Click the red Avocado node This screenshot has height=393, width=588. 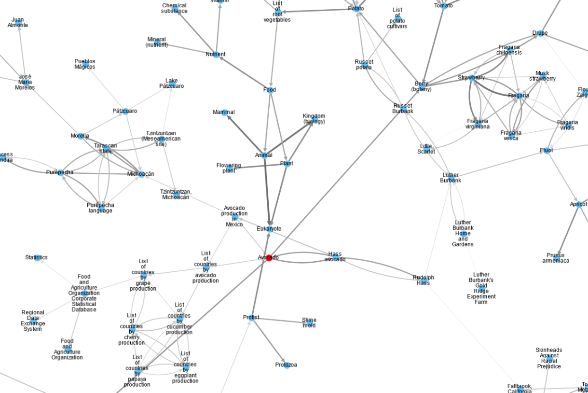pyautogui.click(x=269, y=258)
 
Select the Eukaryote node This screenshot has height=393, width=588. pyautogui.click(x=269, y=229)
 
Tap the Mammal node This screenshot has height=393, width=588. pyautogui.click(x=224, y=112)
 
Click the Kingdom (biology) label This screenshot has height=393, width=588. pyautogui.click(x=314, y=119)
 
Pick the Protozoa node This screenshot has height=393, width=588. pyautogui.click(x=287, y=365)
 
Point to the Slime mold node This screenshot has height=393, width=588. pyautogui.click(x=309, y=323)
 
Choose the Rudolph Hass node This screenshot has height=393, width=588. pyautogui.click(x=424, y=280)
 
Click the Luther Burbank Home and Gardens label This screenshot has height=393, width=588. pyautogui.click(x=463, y=234)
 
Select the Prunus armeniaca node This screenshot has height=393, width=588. pyautogui.click(x=555, y=258)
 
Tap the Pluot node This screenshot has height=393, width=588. pyautogui.click(x=547, y=151)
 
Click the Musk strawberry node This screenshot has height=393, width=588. pyautogui.click(x=542, y=76)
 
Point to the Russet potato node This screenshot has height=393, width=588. pyautogui.click(x=364, y=65)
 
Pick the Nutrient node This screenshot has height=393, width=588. pyautogui.click(x=216, y=55)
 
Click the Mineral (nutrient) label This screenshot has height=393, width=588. pyautogui.click(x=156, y=42)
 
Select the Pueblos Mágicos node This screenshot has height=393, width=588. pyautogui.click(x=85, y=64)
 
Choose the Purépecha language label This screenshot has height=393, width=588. pyautogui.click(x=100, y=208)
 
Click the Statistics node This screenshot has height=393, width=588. pyautogui.click(x=37, y=258)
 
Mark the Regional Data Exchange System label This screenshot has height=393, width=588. pyautogui.click(x=33, y=321)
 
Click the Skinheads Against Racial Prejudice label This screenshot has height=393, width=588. pyautogui.click(x=549, y=358)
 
